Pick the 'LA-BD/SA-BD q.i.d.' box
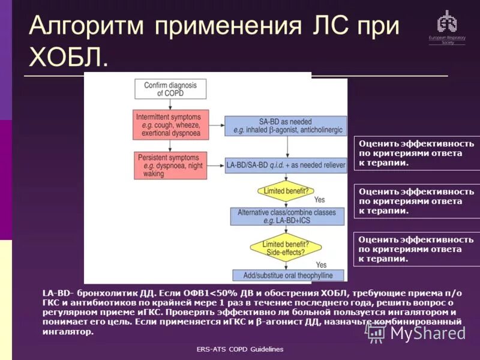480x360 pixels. coord(285,164)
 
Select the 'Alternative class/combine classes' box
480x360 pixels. coord(286,217)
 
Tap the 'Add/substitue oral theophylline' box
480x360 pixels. coord(287,275)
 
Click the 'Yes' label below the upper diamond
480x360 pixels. coord(319,200)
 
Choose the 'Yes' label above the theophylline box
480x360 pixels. coord(321,265)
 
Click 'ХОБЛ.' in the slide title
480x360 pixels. coord(68,58)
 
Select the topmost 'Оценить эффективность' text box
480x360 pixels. coord(417,153)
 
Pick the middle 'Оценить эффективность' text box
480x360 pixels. coord(417,201)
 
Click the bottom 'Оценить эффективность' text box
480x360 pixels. coord(417,249)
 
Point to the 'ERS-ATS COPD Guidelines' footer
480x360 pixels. coord(240,349)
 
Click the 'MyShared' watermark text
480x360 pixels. coord(427,333)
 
